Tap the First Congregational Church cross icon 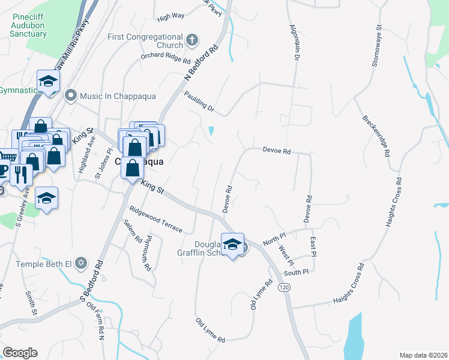(x=192, y=41)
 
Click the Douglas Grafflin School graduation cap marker (x=233, y=244)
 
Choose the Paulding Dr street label (x=199, y=101)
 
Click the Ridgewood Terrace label (x=155, y=220)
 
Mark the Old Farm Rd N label (x=95, y=319)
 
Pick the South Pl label (x=295, y=272)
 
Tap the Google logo (x=20, y=352)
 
